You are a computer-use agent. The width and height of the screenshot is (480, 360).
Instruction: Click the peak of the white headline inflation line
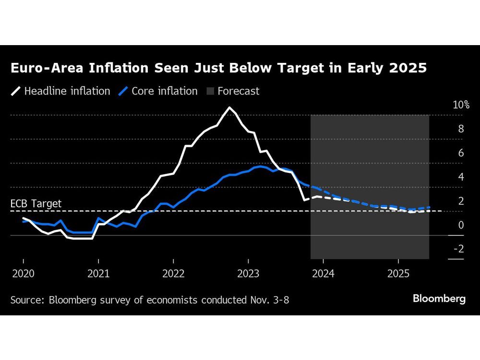(x=230, y=108)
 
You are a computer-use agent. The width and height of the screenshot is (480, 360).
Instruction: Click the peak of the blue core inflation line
(x=260, y=167)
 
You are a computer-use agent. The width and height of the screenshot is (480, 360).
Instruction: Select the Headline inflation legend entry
(x=67, y=91)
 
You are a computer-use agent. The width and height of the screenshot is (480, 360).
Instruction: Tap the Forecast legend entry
(x=238, y=91)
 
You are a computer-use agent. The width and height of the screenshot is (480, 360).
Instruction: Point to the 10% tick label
(x=461, y=105)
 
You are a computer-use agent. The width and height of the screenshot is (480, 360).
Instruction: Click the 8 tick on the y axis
(x=461, y=129)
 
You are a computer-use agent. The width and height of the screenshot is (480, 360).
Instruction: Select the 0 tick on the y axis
(x=461, y=225)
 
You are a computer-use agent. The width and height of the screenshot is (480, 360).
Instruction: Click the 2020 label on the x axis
(x=23, y=274)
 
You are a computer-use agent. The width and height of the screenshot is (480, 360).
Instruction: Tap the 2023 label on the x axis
(x=248, y=274)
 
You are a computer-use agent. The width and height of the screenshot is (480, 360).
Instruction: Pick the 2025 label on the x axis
(x=398, y=274)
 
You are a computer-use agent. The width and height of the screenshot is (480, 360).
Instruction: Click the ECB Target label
(x=36, y=204)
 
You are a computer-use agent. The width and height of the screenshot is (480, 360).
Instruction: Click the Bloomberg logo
(x=439, y=299)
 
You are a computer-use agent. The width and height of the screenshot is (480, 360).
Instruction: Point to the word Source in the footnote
(x=25, y=300)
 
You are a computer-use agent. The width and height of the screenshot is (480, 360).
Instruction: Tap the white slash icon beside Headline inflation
(x=15, y=91)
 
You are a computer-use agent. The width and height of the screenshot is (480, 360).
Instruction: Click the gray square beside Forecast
(x=210, y=91)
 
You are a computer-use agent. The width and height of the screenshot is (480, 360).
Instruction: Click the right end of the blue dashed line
(x=429, y=207)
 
